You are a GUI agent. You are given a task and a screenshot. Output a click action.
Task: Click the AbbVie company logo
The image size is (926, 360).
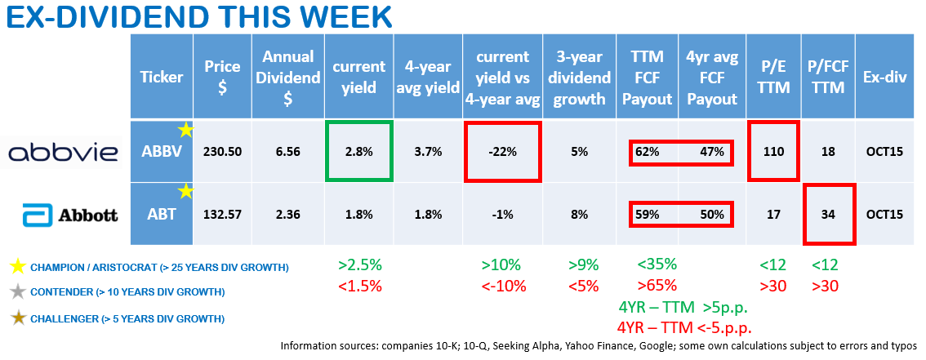click(x=63, y=153)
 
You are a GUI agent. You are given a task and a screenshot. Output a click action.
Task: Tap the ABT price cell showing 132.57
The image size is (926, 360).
click(x=222, y=216)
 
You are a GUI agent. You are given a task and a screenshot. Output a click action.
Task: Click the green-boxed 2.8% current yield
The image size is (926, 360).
click(x=359, y=153)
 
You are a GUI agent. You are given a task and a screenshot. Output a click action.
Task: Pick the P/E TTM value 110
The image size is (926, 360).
click(x=772, y=153)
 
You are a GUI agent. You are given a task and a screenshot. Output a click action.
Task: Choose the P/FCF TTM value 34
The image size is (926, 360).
click(x=829, y=216)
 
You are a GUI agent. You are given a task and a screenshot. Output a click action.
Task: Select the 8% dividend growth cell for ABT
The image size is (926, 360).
click(x=578, y=216)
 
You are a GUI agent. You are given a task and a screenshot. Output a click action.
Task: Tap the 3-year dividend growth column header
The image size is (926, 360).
click(x=578, y=78)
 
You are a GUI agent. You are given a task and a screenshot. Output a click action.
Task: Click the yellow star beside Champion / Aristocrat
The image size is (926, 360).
click(x=16, y=268)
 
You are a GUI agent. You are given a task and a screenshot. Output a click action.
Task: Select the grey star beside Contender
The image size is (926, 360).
click(x=16, y=292)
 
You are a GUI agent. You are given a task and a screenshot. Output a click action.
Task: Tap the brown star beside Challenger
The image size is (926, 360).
click(x=16, y=318)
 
